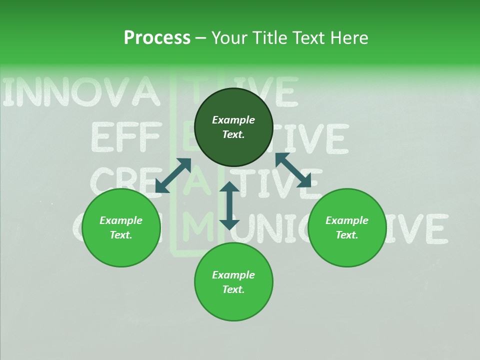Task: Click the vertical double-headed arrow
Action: [x=229, y=205]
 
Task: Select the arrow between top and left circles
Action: [x=173, y=175]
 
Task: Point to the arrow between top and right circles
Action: [x=293, y=170]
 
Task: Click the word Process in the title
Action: [x=157, y=37]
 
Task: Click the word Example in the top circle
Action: [x=233, y=120]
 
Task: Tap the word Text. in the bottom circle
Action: [x=233, y=289]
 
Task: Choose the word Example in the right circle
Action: [x=347, y=220]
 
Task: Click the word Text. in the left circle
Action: [x=121, y=235]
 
